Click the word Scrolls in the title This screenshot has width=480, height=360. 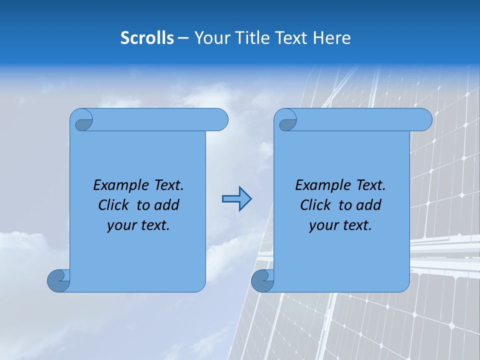[x=147, y=38]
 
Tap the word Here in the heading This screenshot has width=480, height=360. [x=331, y=38]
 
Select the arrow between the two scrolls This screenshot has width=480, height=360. [x=236, y=199]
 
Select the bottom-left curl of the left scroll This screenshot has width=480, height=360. [x=58, y=280]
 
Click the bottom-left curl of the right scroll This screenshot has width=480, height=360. [x=262, y=280]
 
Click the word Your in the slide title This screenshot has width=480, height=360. [x=211, y=38]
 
